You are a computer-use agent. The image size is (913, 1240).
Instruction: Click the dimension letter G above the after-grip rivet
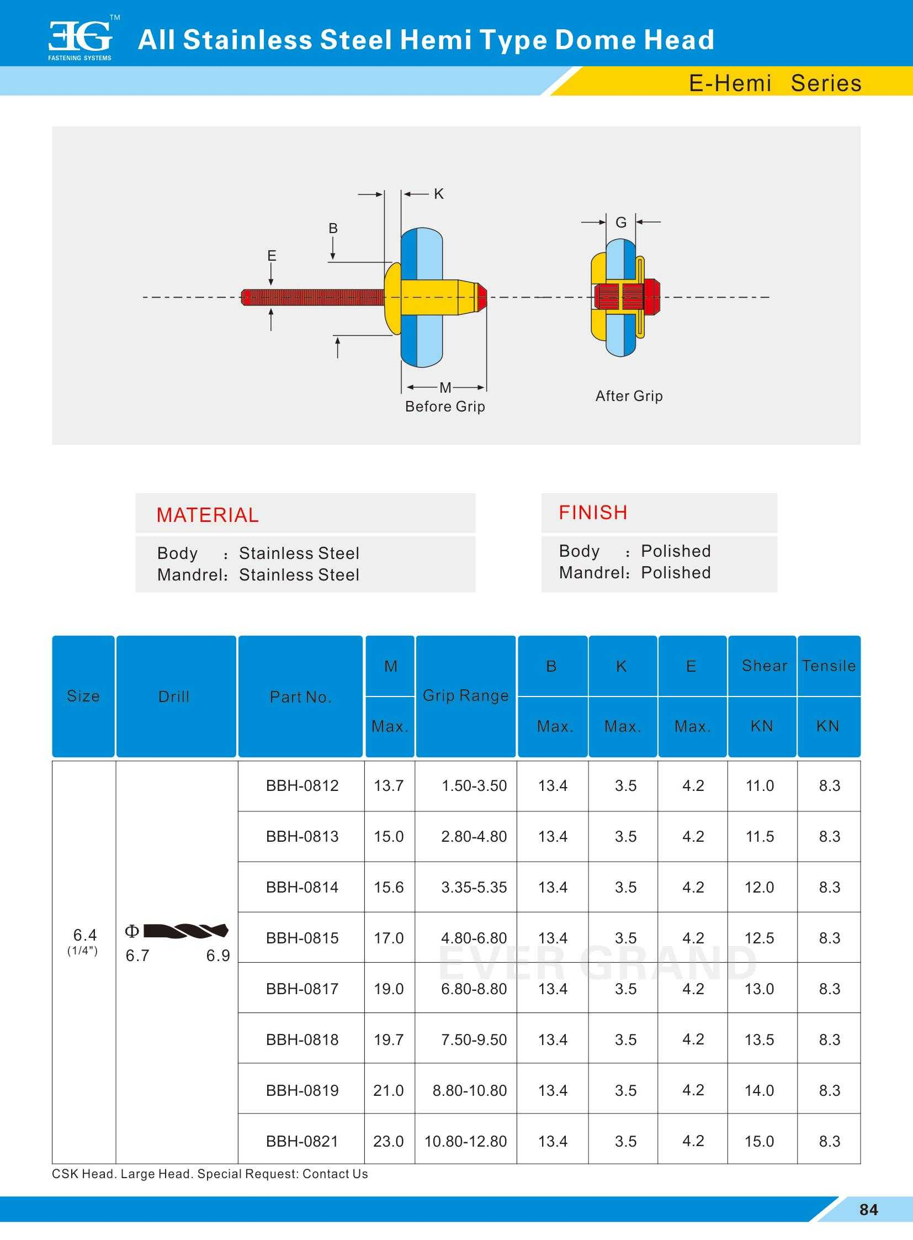[x=620, y=223]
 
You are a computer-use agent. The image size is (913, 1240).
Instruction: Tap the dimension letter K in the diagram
[x=439, y=194]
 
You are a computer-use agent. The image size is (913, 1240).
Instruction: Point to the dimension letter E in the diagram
[x=272, y=256]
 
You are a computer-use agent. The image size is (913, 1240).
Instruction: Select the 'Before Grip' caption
[x=445, y=407]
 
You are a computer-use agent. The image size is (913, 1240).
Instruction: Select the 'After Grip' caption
[x=629, y=396]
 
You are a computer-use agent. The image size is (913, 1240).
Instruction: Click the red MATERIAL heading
[x=207, y=515]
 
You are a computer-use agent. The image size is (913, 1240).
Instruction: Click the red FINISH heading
[x=593, y=513]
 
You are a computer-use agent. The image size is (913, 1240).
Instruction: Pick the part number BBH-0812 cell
[x=302, y=786]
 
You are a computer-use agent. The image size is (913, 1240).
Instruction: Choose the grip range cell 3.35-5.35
[x=474, y=888]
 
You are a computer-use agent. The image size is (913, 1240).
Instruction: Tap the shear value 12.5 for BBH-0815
[x=760, y=938]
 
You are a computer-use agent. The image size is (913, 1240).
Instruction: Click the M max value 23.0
[x=389, y=1142]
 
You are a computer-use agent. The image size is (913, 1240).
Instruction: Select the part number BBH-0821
[x=302, y=1142]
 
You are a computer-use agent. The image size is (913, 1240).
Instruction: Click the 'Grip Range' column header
[x=465, y=696]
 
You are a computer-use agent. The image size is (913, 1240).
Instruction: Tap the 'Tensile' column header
[x=829, y=666]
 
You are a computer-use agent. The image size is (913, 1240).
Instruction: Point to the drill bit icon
[x=185, y=931]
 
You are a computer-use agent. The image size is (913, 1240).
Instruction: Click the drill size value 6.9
[x=217, y=956]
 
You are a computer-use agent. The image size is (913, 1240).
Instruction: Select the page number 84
[x=869, y=1210]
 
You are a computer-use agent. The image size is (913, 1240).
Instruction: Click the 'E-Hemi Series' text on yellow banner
[x=775, y=83]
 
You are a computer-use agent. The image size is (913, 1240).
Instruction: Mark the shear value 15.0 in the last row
[x=760, y=1142]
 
